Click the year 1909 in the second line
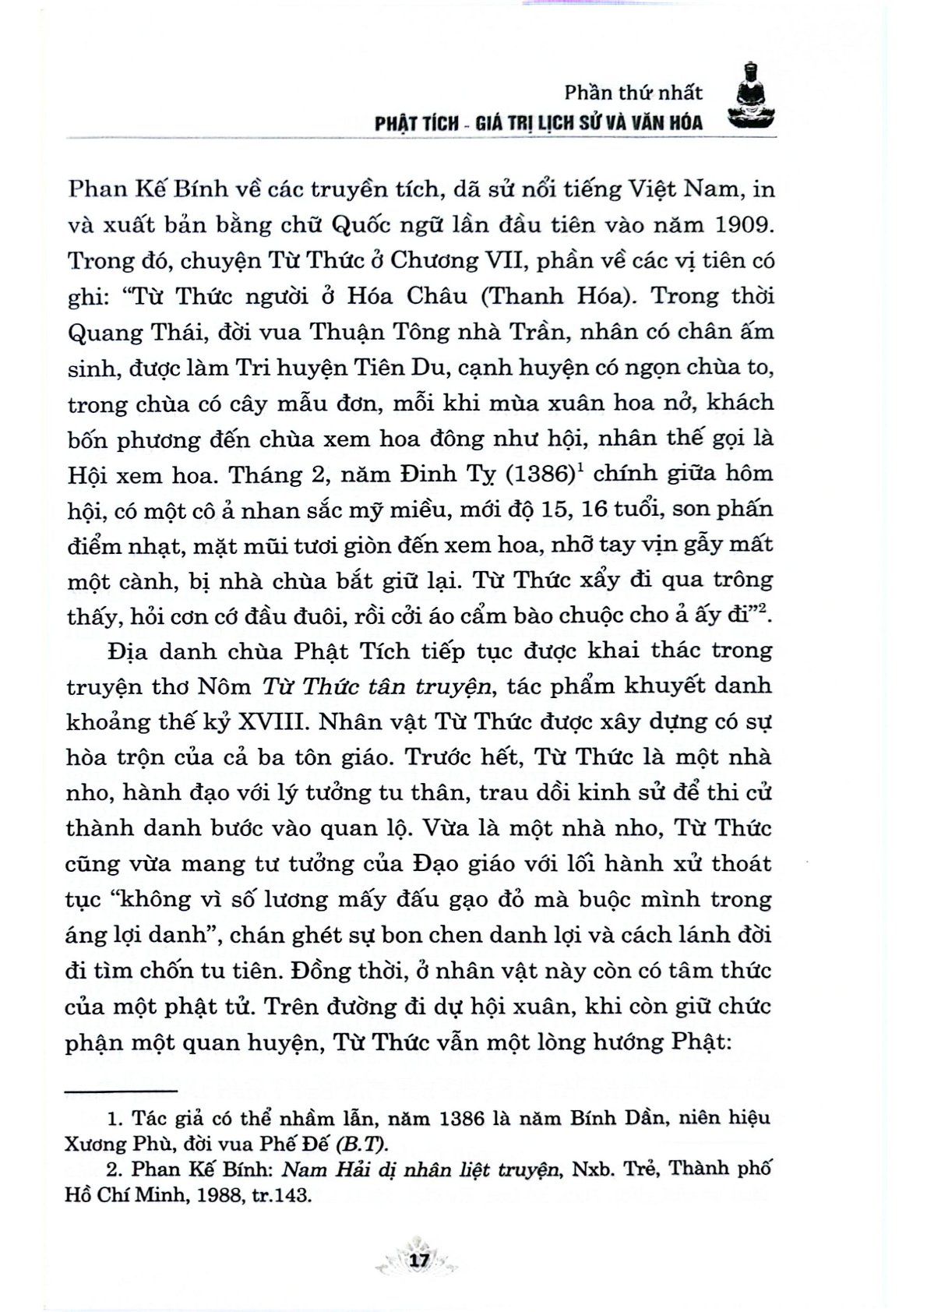coord(738,224)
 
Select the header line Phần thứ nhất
coord(633,93)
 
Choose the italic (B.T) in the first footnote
coord(361,1144)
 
